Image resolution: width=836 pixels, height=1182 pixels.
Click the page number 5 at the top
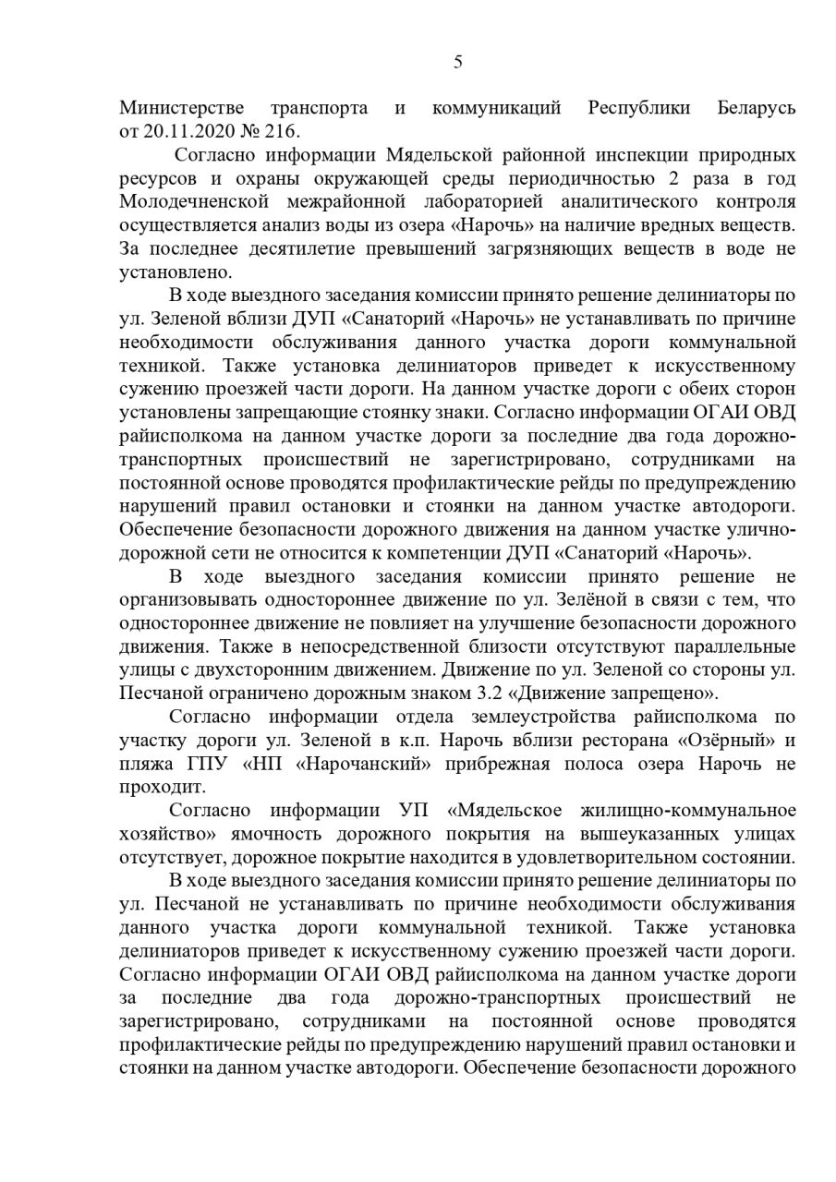pyautogui.click(x=457, y=63)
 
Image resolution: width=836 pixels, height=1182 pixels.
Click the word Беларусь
pyautogui.click(x=756, y=108)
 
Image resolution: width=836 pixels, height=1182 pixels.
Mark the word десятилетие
pyautogui.click(x=277, y=249)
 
